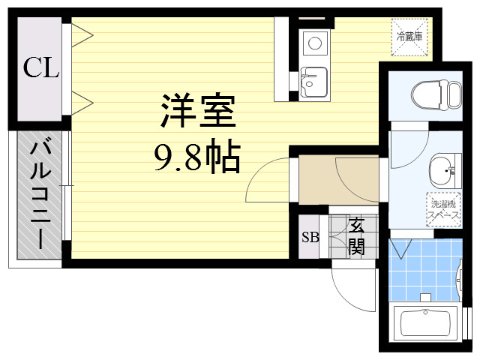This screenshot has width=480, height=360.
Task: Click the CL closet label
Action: pyautogui.click(x=41, y=67)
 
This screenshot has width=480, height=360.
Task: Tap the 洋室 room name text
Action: pyautogui.click(x=198, y=110)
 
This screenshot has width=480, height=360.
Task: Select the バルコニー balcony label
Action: pyautogui.click(x=40, y=195)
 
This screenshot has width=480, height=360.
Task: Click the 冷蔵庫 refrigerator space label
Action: pyautogui.click(x=409, y=37)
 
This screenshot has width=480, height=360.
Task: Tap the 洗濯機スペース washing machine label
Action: pyautogui.click(x=443, y=209)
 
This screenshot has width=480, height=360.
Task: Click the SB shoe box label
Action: pyautogui.click(x=310, y=237)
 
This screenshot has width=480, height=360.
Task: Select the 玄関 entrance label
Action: pyautogui.click(x=356, y=236)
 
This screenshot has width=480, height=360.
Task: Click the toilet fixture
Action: pyautogui.click(x=436, y=94)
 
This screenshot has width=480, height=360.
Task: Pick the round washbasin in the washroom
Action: pyautogui.click(x=442, y=170)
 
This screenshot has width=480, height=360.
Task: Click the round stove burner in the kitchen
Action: pyautogui.click(x=314, y=43)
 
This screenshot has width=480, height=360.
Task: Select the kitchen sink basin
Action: pyautogui.click(x=313, y=82)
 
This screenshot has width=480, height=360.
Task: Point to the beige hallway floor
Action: pyautogui.click(x=338, y=180)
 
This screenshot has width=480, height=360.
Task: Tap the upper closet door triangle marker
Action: pyautogui.click(x=82, y=35)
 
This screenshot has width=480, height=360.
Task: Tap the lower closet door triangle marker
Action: pyautogui.click(x=82, y=103)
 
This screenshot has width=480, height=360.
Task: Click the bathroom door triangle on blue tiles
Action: pyautogui.click(x=401, y=248)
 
